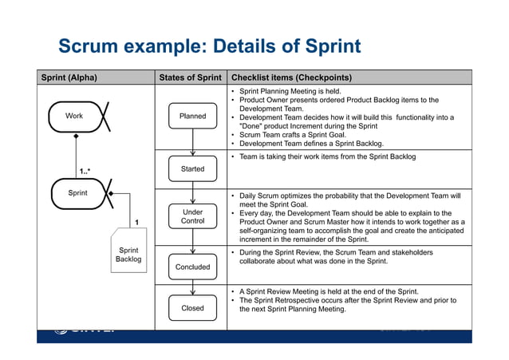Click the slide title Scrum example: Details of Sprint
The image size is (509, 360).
[x=210, y=45]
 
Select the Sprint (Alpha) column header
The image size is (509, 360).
[x=69, y=77]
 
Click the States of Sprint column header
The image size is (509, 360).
[x=190, y=77]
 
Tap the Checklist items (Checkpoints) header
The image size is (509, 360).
[x=291, y=77]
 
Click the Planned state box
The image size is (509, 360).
[x=192, y=117]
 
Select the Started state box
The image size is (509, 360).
[x=192, y=169]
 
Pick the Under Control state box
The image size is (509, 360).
[x=192, y=216]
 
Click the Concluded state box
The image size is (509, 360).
[x=192, y=267]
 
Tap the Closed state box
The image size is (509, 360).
[x=192, y=307]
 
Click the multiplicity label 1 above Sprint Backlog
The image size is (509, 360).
[x=136, y=221]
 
